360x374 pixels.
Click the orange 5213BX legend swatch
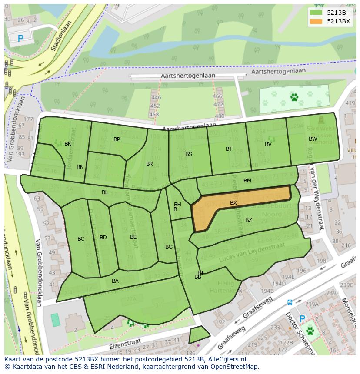[316, 21]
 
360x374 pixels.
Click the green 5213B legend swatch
[316, 12]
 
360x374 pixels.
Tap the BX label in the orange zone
[233, 203]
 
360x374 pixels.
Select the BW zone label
[313, 139]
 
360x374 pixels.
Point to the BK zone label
[68, 144]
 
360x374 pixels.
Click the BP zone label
[117, 139]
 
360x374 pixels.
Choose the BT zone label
[229, 149]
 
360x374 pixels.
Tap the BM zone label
[247, 181]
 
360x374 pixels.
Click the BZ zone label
[249, 220]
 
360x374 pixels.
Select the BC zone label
[81, 239]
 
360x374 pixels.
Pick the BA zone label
[115, 281]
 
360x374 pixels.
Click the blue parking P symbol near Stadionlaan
[20, 39]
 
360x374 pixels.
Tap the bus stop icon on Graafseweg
[290, 302]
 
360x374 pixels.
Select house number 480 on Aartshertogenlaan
[220, 116]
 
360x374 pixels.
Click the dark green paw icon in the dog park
[294, 97]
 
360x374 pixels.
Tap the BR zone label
[150, 164]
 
